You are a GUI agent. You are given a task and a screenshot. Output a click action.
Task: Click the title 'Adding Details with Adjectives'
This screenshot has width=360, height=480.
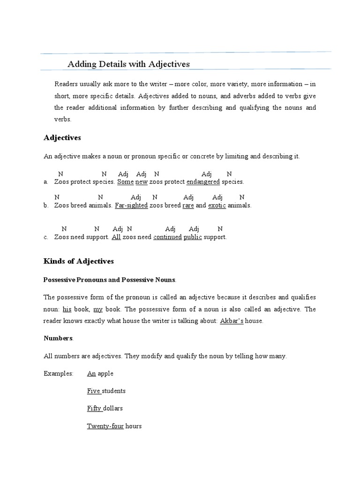[x=129, y=64]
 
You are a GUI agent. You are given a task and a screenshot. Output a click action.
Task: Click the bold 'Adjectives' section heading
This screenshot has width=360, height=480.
[x=62, y=138]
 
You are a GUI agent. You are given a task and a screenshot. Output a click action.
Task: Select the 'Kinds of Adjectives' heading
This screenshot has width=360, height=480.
[x=78, y=261]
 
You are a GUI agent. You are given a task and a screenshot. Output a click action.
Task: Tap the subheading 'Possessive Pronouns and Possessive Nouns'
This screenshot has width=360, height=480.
[x=109, y=280]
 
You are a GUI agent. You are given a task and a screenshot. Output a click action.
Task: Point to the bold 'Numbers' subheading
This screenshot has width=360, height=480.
[x=58, y=337]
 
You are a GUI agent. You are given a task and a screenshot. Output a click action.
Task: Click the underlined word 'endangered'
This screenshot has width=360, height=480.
[x=203, y=181]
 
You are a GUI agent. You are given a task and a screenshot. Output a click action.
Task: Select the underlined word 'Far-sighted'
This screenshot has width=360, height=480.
[x=131, y=205]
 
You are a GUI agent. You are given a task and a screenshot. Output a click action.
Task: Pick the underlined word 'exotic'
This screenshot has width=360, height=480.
[x=217, y=205]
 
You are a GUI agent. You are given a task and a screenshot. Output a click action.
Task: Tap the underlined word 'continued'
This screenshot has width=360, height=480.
[x=167, y=237]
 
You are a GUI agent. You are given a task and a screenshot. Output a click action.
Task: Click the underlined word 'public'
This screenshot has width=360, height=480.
[x=193, y=237]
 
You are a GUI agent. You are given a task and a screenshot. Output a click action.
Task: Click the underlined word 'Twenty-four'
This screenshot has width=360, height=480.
[x=105, y=426]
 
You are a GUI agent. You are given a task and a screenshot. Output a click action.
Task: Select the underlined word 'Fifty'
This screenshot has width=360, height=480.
[x=94, y=408]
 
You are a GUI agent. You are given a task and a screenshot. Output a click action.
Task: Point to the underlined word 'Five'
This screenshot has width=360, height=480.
[x=94, y=390]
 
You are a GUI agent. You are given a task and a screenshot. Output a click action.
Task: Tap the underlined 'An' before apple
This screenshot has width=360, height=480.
[x=91, y=374]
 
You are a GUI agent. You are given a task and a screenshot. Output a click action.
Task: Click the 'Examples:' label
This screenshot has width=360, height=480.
[x=59, y=374]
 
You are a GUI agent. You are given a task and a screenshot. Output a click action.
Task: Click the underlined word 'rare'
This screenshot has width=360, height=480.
[x=188, y=205]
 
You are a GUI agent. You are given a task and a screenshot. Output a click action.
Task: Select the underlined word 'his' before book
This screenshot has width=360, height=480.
[x=67, y=309]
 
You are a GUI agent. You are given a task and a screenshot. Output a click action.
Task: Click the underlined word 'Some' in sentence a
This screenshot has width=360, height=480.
[x=125, y=181]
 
